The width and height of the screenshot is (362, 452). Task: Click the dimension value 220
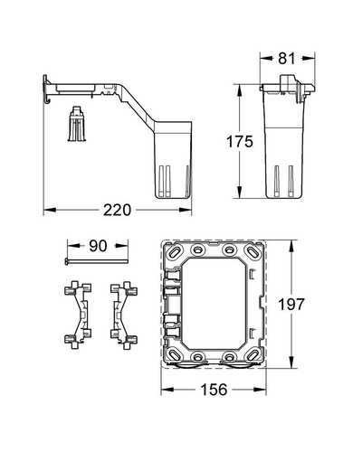(x=117, y=210)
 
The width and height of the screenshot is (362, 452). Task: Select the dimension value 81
(x=287, y=58)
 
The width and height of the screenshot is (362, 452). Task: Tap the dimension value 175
(x=240, y=142)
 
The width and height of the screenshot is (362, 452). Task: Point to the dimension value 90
(x=98, y=246)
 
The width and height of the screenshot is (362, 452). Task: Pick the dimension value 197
(x=291, y=305)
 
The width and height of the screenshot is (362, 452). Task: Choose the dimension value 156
(x=214, y=390)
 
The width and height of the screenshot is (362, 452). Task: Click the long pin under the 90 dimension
(x=97, y=261)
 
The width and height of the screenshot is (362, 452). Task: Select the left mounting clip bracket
(x=78, y=315)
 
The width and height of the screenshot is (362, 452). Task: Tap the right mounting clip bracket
(x=124, y=315)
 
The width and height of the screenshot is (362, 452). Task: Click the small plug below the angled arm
(x=77, y=123)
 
